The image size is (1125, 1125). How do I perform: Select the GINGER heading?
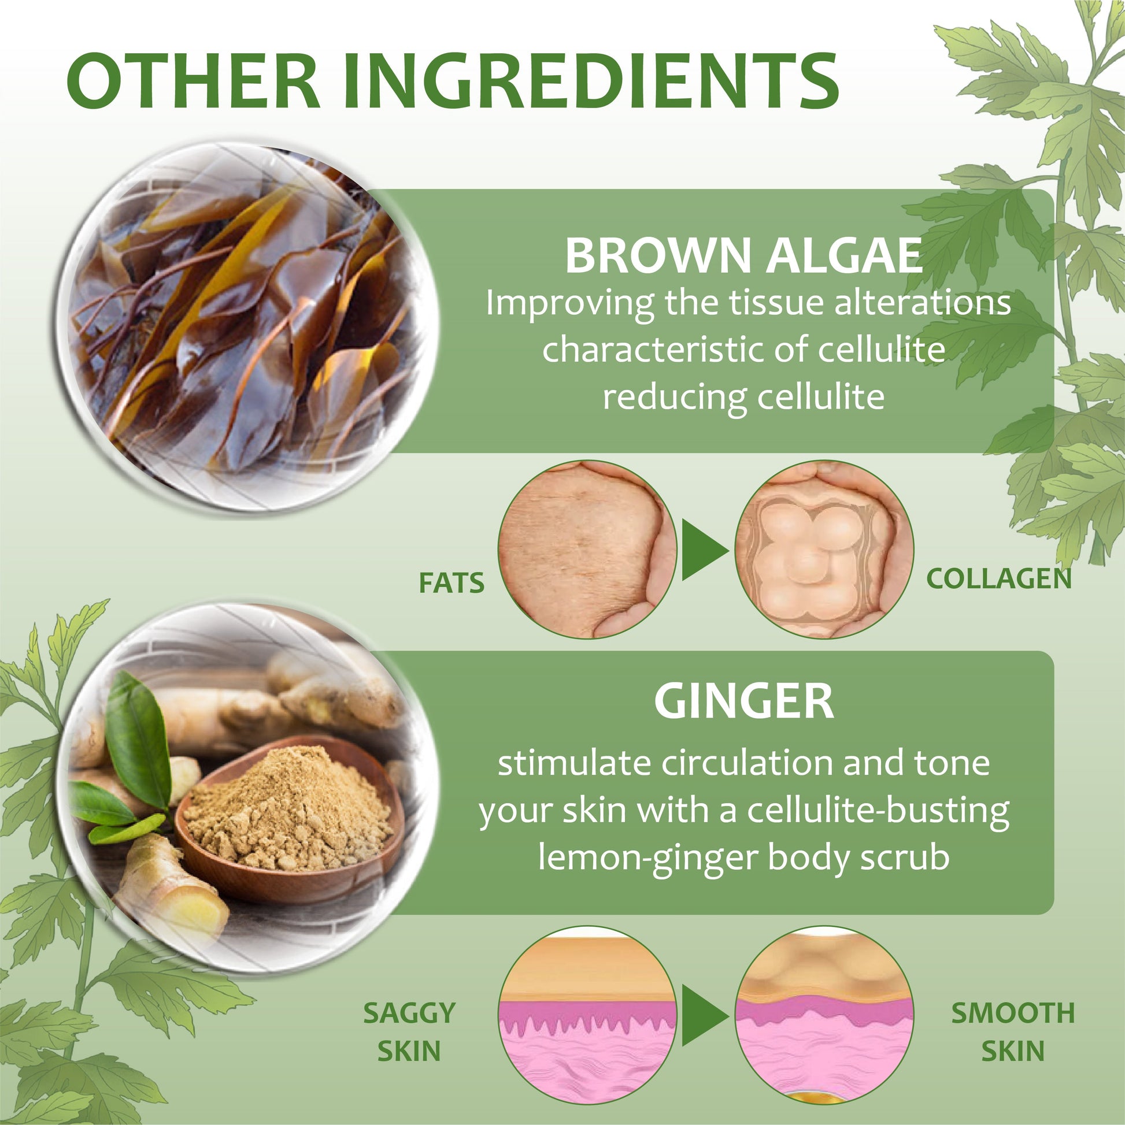tap(743, 701)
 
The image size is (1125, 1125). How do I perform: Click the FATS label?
tap(452, 583)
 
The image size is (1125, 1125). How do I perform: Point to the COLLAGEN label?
tap(998, 578)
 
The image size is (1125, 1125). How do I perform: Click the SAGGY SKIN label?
tap(409, 1032)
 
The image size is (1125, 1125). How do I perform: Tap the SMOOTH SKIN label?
tap(1013, 1032)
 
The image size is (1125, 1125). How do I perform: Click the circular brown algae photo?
tap(247, 326)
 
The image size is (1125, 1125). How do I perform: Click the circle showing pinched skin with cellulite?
tap(587, 550)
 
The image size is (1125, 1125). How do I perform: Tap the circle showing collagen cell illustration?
tap(824, 550)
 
